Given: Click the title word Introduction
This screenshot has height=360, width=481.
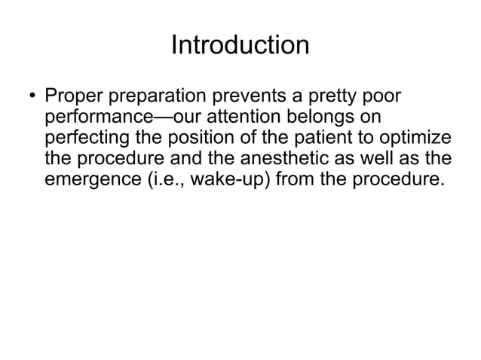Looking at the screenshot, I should (240, 45).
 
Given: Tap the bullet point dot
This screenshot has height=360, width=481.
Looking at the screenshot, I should (31, 98).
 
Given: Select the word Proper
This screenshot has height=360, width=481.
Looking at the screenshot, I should (70, 98).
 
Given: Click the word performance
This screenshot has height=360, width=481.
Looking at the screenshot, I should (92, 118).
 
